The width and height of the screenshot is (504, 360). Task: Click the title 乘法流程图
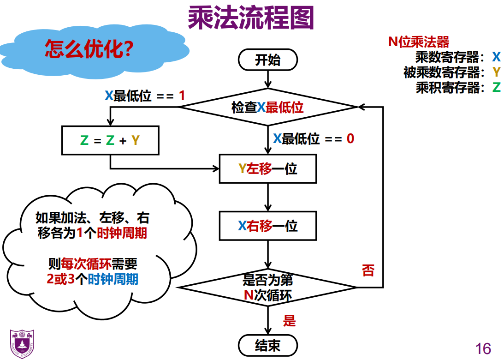tap(251, 18)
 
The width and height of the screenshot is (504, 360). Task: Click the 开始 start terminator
tap(268, 60)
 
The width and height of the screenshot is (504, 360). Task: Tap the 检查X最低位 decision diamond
tap(268, 108)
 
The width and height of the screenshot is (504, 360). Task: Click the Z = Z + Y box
tap(110, 140)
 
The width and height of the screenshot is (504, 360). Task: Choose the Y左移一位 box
tap(268, 169)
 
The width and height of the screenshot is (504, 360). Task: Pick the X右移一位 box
tap(268, 226)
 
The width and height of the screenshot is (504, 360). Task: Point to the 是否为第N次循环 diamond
tap(268, 287)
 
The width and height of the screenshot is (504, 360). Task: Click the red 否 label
tap(368, 270)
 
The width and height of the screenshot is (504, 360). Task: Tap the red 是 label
tap(289, 321)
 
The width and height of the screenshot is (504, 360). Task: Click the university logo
tap(22, 344)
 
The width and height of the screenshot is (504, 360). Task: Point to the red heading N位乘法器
tap(418, 42)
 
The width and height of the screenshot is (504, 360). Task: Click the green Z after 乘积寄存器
tap(496, 87)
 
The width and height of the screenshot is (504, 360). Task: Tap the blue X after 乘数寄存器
tap(496, 57)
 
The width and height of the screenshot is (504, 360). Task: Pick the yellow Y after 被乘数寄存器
tap(496, 72)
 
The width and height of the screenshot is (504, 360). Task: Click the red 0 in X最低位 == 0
tap(350, 138)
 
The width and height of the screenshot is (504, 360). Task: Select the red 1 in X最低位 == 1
tap(181, 96)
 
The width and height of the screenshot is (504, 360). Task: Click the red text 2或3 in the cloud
tap(57, 279)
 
